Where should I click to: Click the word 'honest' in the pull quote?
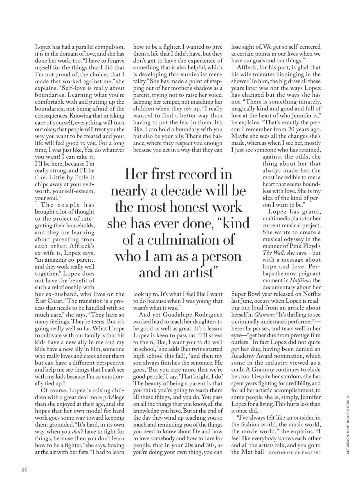(176, 207)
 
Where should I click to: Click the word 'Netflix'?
(311, 294)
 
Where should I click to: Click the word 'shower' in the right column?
(240, 81)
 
